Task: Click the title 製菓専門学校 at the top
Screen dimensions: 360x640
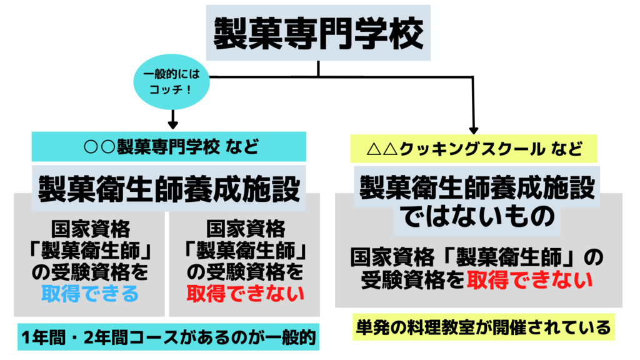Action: [x=318, y=33]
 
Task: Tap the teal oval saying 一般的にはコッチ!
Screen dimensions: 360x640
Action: [x=171, y=82]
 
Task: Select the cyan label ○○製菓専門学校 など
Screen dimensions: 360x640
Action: [x=169, y=147]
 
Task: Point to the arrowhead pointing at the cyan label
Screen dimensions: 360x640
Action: [x=173, y=124]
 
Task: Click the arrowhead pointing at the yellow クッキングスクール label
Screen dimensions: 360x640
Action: [x=473, y=129]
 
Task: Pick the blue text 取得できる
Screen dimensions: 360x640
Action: [x=90, y=293]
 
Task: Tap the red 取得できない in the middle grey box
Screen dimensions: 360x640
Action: [x=246, y=293]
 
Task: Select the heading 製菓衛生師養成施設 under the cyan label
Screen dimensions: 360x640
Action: [x=169, y=186]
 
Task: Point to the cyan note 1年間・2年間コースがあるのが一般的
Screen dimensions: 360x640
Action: [x=169, y=339]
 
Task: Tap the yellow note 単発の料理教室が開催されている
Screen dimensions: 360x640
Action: [x=481, y=327]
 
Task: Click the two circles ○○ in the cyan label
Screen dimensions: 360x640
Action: [x=101, y=148]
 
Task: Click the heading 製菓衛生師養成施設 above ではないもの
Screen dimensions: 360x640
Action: [x=477, y=186]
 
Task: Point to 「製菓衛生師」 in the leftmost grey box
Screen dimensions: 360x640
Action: [x=90, y=250]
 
